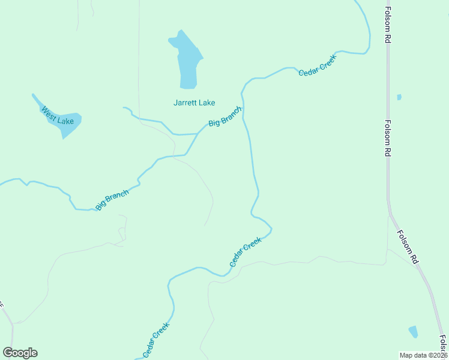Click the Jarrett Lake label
coord(194,103)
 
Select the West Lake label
coord(58,116)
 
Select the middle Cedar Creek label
coord(246,253)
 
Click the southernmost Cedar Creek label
coord(156,340)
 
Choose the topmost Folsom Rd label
coord(388,25)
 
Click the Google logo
coord(20,353)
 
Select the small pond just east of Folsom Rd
coord(399,97)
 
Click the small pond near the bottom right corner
coord(413,332)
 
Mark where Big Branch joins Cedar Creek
coord(243,109)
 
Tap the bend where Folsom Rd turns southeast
coord(390,213)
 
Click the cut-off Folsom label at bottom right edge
coord(443,344)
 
